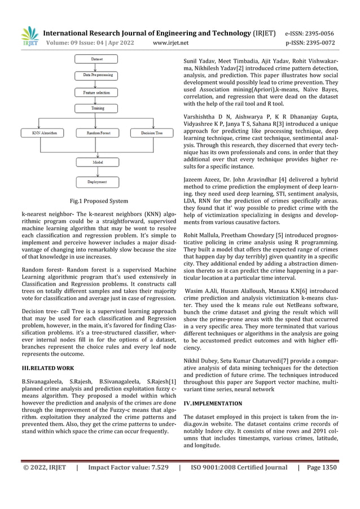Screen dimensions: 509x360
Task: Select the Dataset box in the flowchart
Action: (97, 59)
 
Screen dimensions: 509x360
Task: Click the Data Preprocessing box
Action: (97, 74)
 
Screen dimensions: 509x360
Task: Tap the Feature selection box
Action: (97, 91)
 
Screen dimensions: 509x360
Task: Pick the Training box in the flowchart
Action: (97, 108)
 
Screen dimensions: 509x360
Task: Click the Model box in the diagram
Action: (97, 162)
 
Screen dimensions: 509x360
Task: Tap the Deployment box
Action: (97, 182)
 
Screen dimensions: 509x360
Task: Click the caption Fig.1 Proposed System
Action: (98, 201)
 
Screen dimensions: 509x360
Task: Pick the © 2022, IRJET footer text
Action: (44, 467)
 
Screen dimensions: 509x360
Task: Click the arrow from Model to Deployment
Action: (97, 172)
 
